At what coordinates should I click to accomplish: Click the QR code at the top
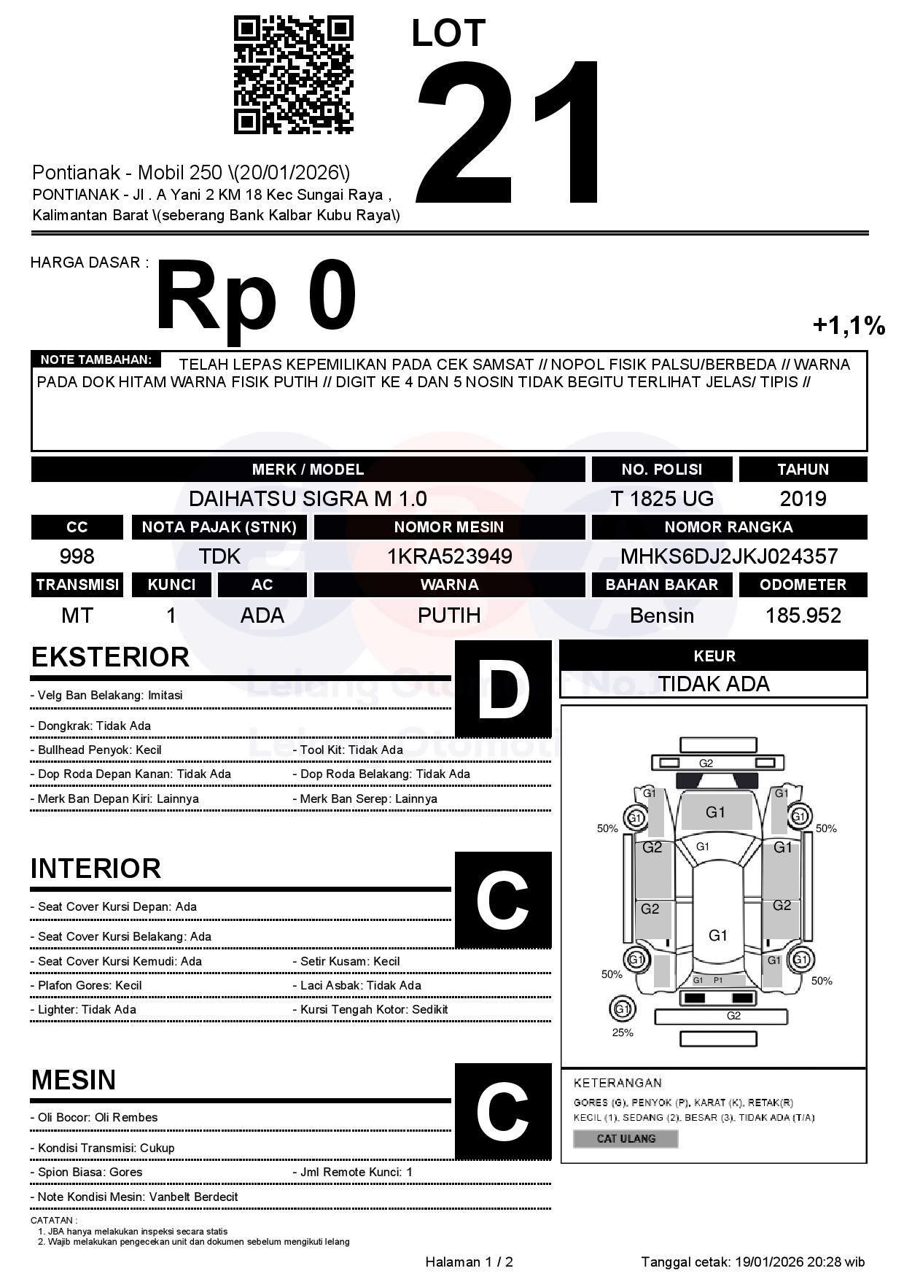tap(293, 76)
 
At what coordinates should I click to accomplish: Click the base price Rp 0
tap(256, 297)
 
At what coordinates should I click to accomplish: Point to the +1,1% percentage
tap(849, 325)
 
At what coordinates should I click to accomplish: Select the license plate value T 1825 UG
tap(661, 499)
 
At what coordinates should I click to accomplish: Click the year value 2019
tap(803, 499)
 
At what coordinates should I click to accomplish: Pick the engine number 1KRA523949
tap(449, 556)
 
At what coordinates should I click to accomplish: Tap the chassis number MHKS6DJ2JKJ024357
tap(728, 556)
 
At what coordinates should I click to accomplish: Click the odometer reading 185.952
tap(803, 615)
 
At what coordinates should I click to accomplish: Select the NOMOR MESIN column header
tap(449, 527)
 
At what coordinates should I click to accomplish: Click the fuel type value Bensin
tap(661, 615)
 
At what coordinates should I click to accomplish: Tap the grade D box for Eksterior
tap(503, 688)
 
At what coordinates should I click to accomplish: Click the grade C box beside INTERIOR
tap(503, 899)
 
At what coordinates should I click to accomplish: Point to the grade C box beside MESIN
tap(503, 1111)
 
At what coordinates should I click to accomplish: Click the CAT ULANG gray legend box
tap(626, 1138)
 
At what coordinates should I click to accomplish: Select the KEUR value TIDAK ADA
tap(713, 684)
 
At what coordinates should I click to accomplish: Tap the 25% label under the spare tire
tap(623, 1033)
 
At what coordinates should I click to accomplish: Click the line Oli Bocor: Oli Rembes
tap(94, 1117)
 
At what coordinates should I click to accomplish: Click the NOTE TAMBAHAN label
tap(96, 359)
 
